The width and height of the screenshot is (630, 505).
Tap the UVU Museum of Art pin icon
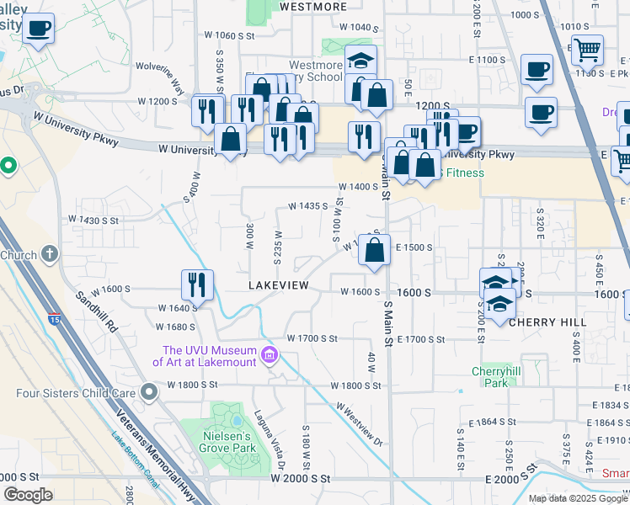(270, 356)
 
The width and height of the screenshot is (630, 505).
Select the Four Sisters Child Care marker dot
(149, 391)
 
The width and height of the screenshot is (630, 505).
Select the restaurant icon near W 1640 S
(197, 284)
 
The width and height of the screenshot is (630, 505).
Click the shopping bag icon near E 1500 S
(376, 249)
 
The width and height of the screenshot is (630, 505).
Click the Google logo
(28, 495)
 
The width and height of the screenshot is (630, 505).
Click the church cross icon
(50, 253)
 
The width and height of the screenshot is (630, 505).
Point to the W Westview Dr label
(360, 423)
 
